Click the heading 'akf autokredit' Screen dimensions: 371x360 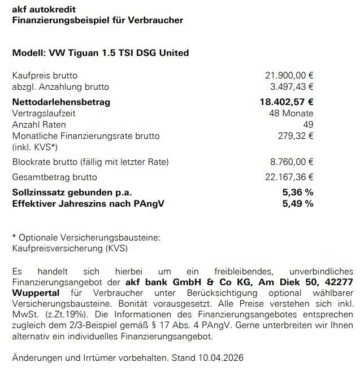click(44, 10)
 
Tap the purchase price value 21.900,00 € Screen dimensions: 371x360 click(289, 76)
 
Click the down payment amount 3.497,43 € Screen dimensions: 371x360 click(291, 87)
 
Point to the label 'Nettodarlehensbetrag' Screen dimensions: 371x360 click(61, 102)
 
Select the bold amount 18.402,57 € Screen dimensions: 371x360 click(286, 102)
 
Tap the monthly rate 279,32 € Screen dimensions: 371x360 click(295, 136)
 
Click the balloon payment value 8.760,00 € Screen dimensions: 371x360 click(291, 162)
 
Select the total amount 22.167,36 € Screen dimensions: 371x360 click(289, 177)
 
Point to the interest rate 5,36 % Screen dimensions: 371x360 click(297, 192)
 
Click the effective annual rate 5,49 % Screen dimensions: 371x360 click(297, 203)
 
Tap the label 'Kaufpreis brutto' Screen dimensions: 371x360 click(45, 76)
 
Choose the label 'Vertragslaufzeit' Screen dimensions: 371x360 click(44, 114)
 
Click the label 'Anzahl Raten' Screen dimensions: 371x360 click(38, 125)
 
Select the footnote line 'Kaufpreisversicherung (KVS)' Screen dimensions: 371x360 click(65, 247)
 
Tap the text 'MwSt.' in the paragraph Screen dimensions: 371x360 click(24, 313)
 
